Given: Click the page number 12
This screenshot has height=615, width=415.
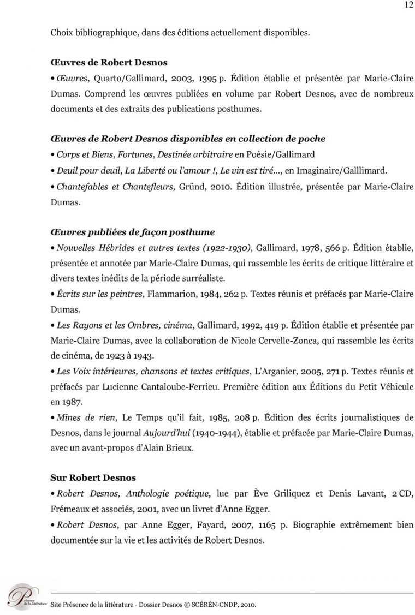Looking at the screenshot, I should point(408,5).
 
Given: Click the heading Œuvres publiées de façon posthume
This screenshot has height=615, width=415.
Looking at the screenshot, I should point(132,232).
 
